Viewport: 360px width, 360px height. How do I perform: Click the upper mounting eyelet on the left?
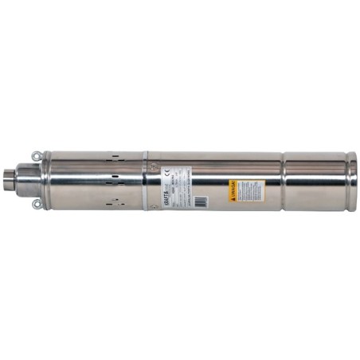pyautogui.click(x=36, y=155)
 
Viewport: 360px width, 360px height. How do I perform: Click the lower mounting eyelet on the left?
pyautogui.click(x=36, y=205)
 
